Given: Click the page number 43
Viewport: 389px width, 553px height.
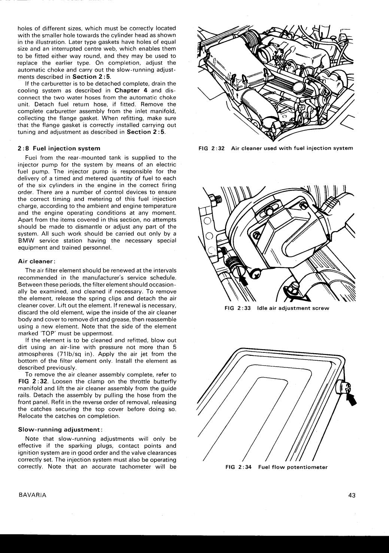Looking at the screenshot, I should (x=351, y=495).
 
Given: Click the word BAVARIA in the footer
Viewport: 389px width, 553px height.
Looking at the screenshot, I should (x=32, y=495).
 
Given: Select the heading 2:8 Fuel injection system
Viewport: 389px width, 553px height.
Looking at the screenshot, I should (x=59, y=148).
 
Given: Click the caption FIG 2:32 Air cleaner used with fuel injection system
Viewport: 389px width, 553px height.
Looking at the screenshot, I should (x=275, y=148).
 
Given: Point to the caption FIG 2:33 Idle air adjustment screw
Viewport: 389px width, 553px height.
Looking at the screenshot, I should (x=277, y=308).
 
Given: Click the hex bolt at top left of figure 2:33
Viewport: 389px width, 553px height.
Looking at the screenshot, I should (x=215, y=199).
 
